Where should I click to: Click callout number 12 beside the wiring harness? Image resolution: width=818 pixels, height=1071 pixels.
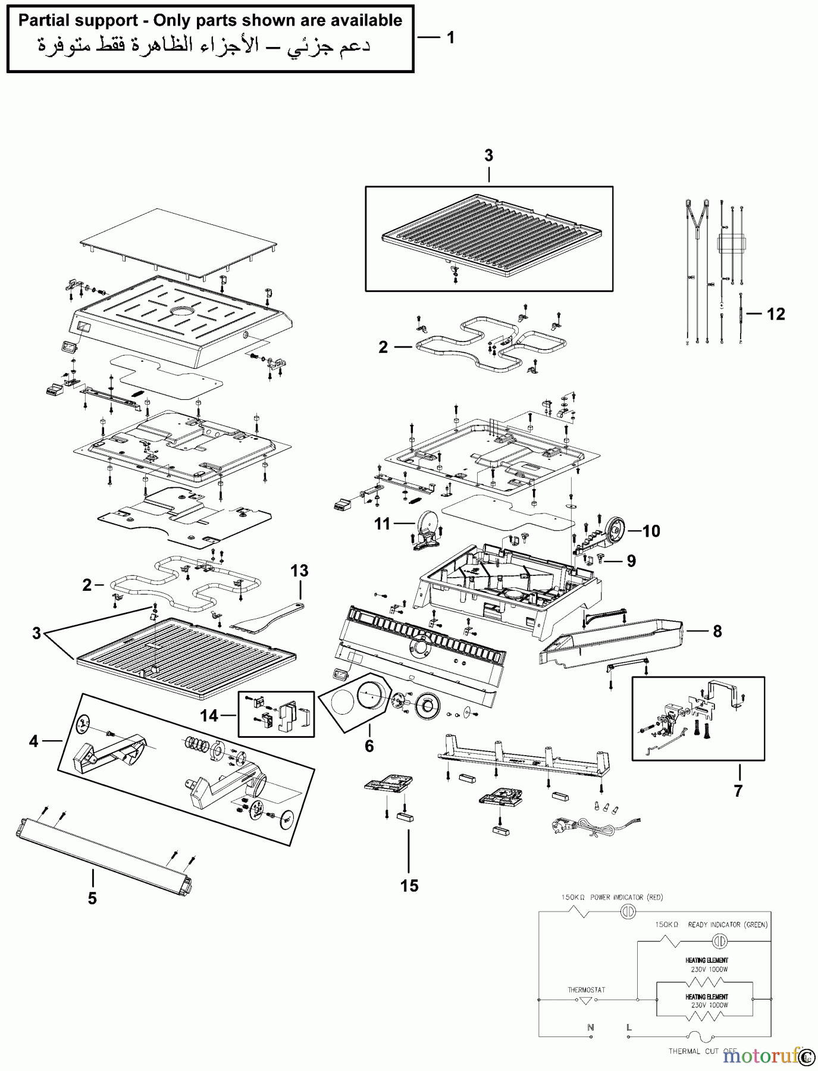[x=775, y=314]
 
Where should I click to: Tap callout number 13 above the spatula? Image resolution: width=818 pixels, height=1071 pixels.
[x=299, y=571]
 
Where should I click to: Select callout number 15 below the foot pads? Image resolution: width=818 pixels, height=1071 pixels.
[x=409, y=885]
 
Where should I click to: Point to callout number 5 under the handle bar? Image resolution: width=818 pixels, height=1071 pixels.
[x=92, y=898]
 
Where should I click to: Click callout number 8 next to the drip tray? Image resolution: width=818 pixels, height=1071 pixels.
[x=717, y=631]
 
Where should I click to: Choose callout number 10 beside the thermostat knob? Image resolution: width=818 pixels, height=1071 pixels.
[x=651, y=531]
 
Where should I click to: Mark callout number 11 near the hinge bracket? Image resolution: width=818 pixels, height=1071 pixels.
[x=382, y=524]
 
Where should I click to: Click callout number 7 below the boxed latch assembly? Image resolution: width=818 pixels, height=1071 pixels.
[x=738, y=791]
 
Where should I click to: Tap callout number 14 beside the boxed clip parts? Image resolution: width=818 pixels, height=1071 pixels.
[x=209, y=715]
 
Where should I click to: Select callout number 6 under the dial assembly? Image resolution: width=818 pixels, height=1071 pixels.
[x=369, y=746]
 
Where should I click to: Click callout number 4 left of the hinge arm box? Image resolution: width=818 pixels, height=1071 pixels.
[x=34, y=741]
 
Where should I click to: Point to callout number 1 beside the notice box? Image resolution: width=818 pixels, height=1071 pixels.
[x=450, y=37]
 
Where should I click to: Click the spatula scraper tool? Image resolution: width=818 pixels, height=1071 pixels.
[x=262, y=619]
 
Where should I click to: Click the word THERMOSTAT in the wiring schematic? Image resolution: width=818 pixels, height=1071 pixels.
[x=586, y=990]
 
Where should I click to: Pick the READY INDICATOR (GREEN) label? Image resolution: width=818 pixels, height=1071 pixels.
[x=727, y=925]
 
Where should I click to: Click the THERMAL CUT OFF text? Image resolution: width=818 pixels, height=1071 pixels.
[x=702, y=1051]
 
